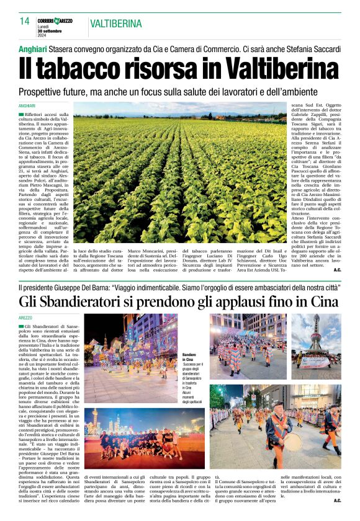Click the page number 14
[24, 20]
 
